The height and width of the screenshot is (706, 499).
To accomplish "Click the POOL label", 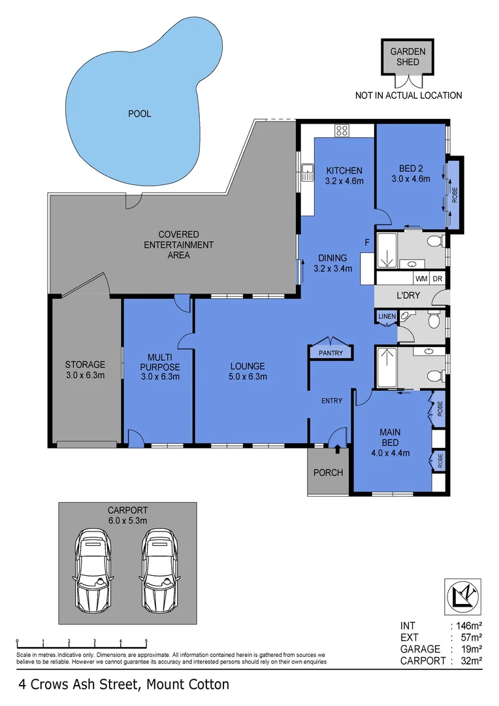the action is [140, 114].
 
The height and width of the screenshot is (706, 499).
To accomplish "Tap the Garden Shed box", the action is [408, 57].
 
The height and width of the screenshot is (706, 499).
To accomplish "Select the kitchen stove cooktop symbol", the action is [342, 131].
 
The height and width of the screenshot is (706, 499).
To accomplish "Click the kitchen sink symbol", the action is [308, 172].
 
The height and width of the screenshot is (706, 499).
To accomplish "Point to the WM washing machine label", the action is [422, 278].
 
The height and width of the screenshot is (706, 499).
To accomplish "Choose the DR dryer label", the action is [438, 278].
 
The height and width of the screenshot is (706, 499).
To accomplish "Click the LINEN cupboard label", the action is [387, 316].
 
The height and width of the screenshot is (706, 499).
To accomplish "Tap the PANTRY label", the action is [330, 353].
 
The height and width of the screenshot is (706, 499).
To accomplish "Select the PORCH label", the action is [328, 473].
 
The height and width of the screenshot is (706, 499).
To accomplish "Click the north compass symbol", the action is [463, 597].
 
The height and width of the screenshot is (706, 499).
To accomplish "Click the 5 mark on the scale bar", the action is [146, 641].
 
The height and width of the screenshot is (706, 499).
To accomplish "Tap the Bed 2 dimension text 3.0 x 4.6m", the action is [411, 178].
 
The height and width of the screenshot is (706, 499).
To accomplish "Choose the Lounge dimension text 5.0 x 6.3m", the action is [248, 377].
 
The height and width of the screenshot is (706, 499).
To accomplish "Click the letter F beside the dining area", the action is [367, 243].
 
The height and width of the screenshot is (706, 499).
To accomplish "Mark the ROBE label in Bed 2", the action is [455, 194].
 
